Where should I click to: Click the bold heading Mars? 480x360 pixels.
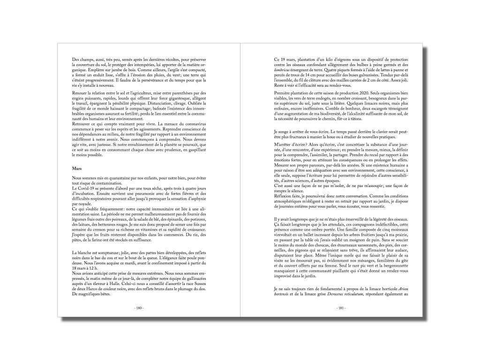(77, 168)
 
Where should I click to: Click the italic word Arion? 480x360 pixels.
(401, 288)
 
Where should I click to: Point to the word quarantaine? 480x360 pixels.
(115, 177)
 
